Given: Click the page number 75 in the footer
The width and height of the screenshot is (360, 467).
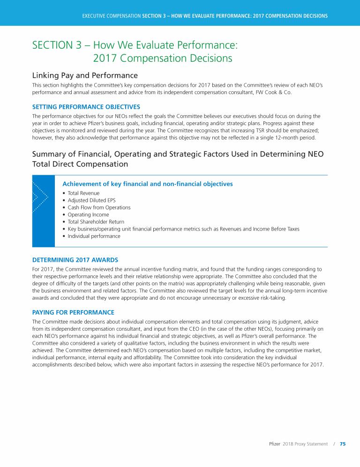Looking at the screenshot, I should point(343,444).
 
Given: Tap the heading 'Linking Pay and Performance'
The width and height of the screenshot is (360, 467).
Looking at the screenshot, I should point(85,75).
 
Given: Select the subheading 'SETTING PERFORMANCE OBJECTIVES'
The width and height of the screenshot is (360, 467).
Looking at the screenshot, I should point(79,106).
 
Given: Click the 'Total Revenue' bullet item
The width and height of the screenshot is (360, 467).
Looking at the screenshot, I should point(83,193).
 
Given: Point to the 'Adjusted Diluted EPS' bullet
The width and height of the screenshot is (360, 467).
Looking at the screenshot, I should point(92,200).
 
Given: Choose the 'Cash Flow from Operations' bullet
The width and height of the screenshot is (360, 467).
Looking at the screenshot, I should point(99,208).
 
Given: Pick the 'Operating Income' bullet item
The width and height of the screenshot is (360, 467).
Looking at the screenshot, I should point(88,215).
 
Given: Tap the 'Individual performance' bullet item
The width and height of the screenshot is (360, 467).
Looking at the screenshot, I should point(94,236).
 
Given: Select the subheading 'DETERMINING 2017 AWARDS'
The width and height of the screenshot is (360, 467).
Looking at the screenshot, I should point(75,260).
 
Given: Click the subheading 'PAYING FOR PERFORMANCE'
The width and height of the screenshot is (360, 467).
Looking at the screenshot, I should point(73,312).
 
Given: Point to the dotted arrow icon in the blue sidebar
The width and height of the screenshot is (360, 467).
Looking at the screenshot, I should point(40,197).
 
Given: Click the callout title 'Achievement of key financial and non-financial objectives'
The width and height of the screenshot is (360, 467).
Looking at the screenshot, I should point(148,184).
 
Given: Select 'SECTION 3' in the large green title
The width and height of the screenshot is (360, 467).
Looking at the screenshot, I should point(60,45).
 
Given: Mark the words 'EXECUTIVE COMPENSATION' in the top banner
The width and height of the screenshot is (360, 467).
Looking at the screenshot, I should point(112,16).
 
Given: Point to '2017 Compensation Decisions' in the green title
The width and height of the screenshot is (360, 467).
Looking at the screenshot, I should point(163,59).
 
